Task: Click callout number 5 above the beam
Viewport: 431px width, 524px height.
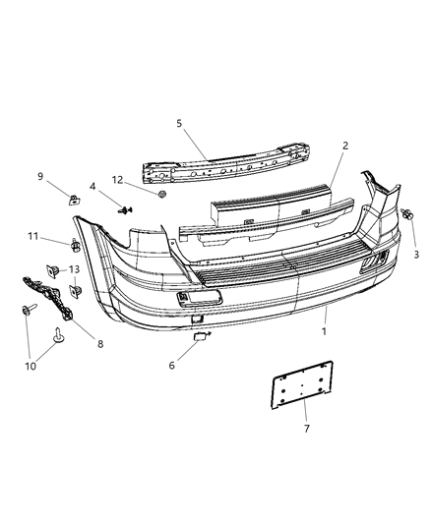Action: [x=178, y=124]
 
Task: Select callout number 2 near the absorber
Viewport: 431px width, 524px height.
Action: [x=344, y=146]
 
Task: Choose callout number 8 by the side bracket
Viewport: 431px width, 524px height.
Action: [x=99, y=343]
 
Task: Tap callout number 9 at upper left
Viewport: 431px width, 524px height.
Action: [x=41, y=177]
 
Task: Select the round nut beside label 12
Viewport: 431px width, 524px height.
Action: [x=162, y=196]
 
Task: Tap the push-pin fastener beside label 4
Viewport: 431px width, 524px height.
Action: [x=125, y=208]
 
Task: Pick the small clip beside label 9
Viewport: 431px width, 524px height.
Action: [x=73, y=199]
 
